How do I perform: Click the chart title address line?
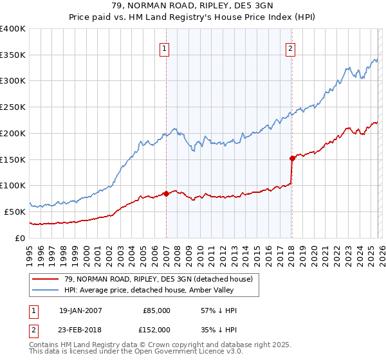click(193, 6)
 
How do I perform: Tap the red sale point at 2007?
click(166, 193)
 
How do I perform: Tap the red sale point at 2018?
click(292, 157)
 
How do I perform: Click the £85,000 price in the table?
click(157, 310)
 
